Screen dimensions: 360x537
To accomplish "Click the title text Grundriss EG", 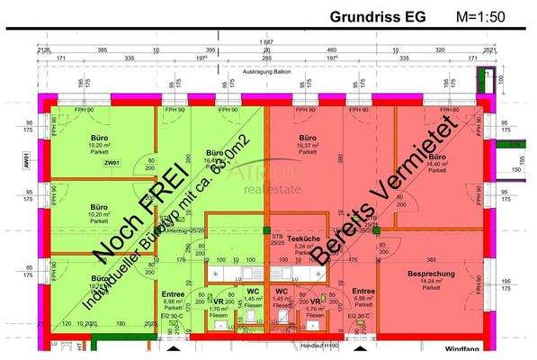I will point(380,16).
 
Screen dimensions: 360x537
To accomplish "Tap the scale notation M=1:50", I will point(482,16).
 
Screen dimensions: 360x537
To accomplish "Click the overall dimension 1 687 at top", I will point(266,42).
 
